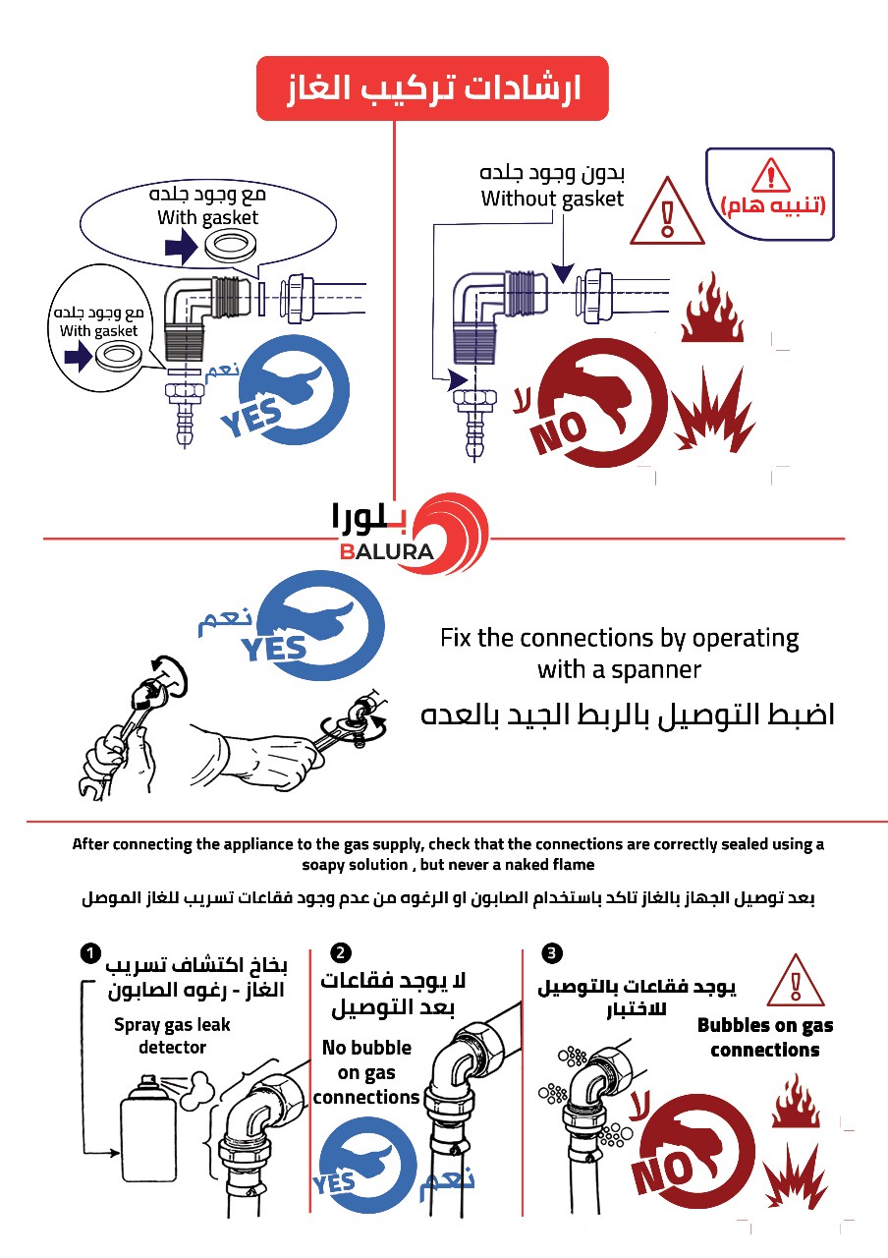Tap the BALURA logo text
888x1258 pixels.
tap(387, 551)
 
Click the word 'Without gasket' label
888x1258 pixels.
tap(552, 199)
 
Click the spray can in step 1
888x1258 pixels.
tap(148, 1130)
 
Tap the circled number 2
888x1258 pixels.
tap(341, 952)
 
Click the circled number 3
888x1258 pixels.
tap(553, 952)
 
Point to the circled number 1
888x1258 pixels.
tap(89, 952)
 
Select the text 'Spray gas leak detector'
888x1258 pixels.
tap(172, 1036)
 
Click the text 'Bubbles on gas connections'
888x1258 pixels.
tap(765, 1038)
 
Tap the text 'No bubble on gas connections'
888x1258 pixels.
tap(366, 1072)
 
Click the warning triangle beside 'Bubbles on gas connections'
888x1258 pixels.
tap(795, 979)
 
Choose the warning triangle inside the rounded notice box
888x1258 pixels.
tap(770, 176)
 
